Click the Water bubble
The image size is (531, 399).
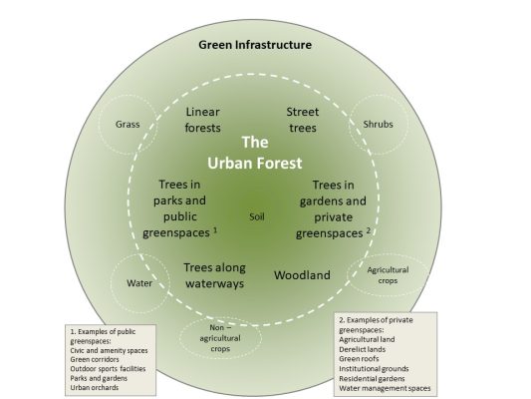[138, 282]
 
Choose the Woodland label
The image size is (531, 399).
[302, 274]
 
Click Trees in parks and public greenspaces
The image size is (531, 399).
[186, 206]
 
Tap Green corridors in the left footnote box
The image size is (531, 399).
[94, 357]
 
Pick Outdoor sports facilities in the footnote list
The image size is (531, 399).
[107, 368]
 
